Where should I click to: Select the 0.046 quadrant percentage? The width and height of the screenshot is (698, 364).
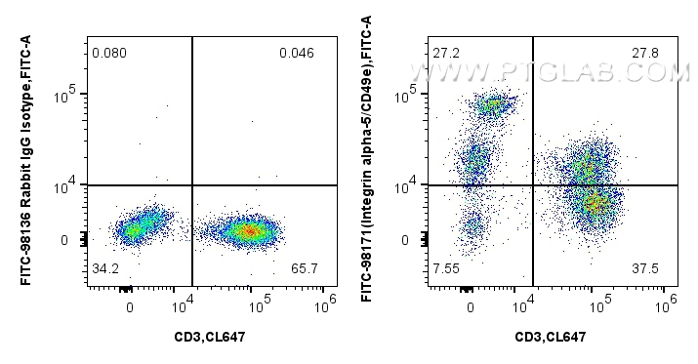[297, 53]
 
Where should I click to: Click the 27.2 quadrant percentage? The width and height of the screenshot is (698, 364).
[446, 51]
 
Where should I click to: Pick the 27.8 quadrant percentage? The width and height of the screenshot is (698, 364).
[643, 51]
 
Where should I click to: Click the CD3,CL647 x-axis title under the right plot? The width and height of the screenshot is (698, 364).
[551, 337]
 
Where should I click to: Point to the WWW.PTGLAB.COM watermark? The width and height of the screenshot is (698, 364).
[582, 72]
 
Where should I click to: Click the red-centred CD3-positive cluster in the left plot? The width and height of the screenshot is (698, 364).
[248, 231]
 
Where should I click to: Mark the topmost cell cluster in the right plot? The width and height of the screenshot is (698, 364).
[493, 105]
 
